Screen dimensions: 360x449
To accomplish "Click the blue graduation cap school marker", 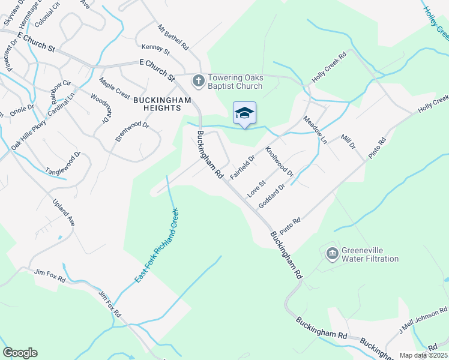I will [x=244, y=113].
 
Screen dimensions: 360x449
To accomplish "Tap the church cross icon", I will [x=198, y=79].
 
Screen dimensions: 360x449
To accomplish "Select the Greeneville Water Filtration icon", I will [x=331, y=254].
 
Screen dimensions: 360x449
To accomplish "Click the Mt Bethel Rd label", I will [x=173, y=37].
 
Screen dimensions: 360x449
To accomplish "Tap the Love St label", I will [x=256, y=188].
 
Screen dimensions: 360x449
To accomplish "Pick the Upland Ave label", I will [x=63, y=212].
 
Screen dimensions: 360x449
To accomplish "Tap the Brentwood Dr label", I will [x=132, y=131].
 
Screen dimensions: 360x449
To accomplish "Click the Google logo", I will [x=20, y=353].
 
